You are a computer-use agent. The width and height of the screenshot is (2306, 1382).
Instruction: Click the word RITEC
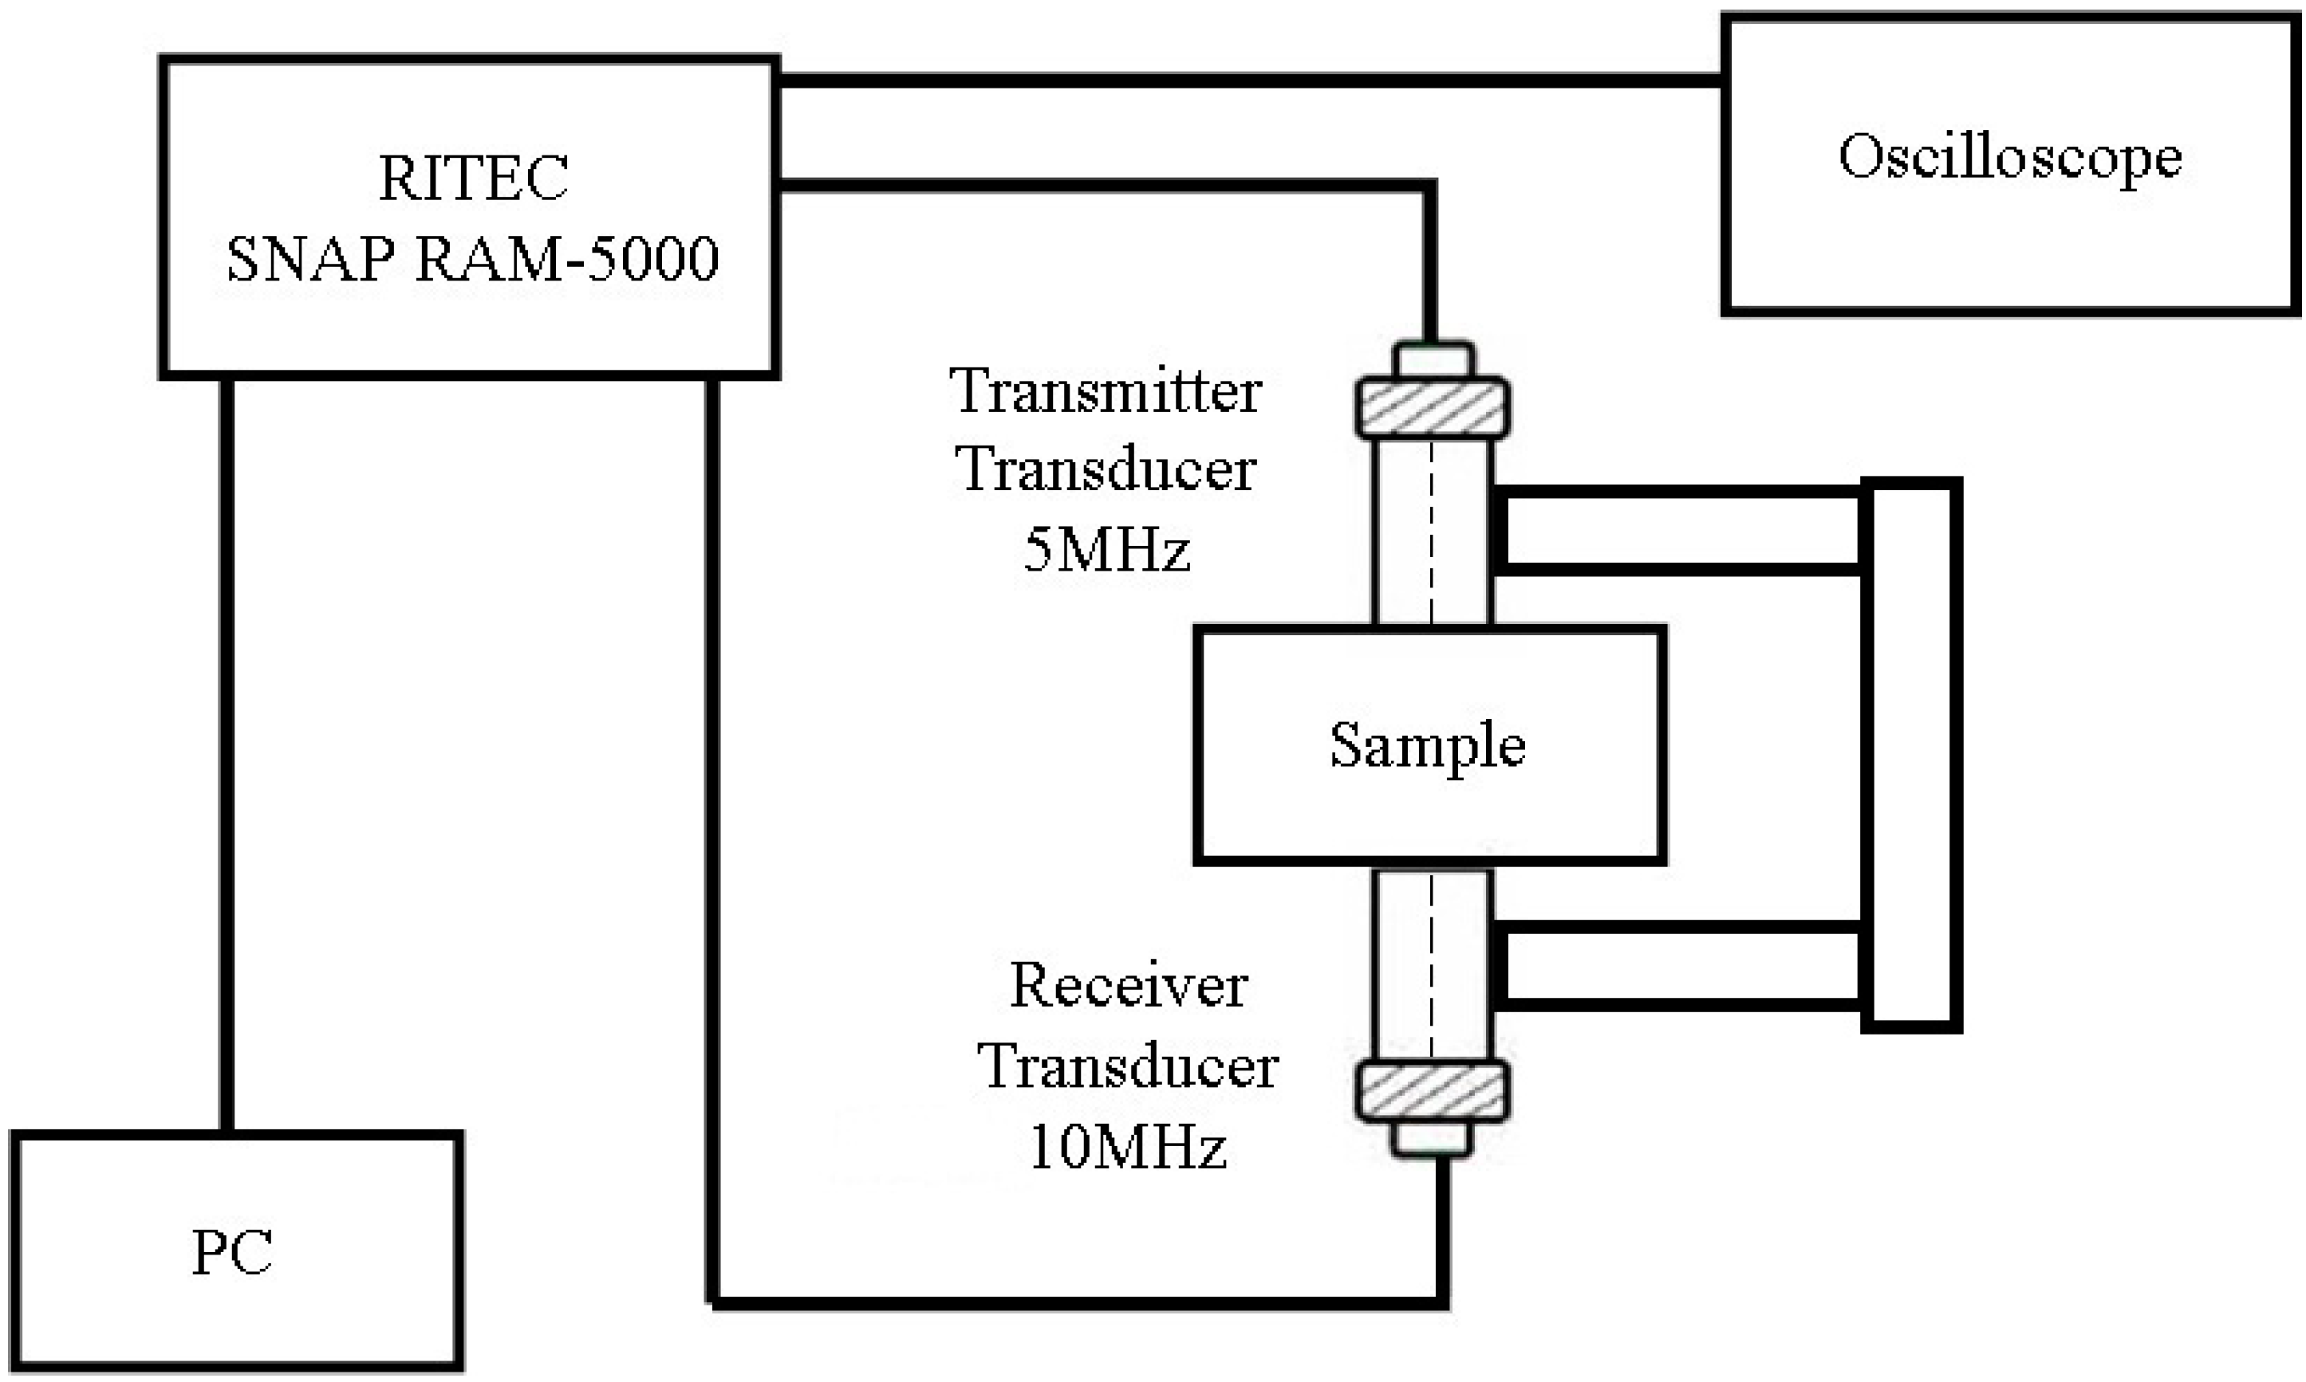473,178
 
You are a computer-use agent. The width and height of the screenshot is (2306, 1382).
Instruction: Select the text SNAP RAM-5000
472,258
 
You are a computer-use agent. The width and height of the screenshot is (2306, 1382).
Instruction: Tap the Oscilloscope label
2010,156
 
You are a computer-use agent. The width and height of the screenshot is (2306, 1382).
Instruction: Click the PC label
232,1253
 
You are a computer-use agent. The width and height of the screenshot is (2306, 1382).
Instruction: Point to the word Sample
1427,746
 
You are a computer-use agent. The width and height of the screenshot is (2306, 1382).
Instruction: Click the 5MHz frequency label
1106,549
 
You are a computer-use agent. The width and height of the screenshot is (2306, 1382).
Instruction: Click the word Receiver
1129,985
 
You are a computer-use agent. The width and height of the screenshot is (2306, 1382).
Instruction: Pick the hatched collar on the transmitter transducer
1432,408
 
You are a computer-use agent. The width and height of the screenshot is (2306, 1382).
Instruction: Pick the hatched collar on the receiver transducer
1432,1090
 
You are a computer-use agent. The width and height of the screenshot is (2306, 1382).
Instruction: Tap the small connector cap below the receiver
1432,1139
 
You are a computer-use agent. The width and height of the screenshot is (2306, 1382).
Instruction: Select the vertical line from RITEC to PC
227,754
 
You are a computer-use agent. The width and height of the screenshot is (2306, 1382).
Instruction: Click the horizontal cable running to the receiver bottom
1071,1303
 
